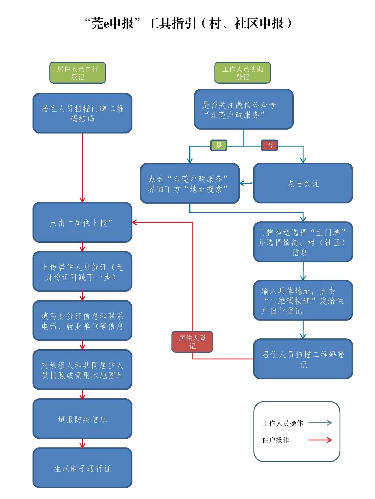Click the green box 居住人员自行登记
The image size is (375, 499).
coord(77,73)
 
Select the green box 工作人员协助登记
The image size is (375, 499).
coord(243,73)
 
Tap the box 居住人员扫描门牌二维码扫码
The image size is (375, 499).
coord(82,113)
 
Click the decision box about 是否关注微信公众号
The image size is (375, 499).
coord(244,109)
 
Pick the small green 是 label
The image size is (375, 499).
coord(219,145)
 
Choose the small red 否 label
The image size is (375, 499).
coord(270,145)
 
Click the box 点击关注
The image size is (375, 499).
coord(303,183)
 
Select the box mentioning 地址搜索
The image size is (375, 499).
coord(190,183)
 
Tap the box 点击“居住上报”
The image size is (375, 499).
coord(82,223)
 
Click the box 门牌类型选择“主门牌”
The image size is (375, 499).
coord(303,242)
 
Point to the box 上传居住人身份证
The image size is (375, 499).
coord(82,272)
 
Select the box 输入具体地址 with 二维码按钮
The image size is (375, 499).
coord(303,300)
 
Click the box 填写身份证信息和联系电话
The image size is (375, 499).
coord(82,321)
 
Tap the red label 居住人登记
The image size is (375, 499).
coord(192,342)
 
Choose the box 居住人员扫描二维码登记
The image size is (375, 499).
coord(303,359)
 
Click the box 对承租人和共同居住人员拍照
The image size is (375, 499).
coord(82,370)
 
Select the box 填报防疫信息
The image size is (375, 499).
coord(82,419)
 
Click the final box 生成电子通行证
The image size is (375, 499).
coord(82,468)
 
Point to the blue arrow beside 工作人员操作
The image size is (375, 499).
coord(320,423)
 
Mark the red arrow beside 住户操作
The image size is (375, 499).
coord(320,440)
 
